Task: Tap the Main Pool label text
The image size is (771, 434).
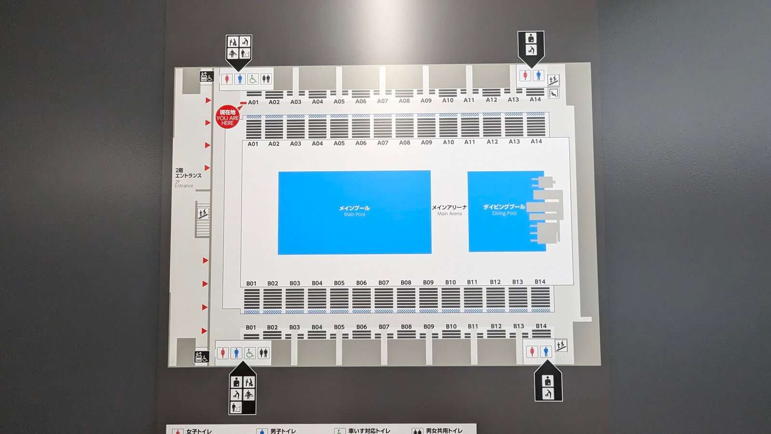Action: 354,211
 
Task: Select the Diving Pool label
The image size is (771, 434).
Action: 504,209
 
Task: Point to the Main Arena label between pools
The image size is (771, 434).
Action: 449,210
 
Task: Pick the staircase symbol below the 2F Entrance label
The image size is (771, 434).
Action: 203,214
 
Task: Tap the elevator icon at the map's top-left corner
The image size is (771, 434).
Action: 206,76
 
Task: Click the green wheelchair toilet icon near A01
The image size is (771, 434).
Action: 253,79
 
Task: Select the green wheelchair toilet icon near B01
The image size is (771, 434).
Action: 250,353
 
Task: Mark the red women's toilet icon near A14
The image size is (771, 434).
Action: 525,76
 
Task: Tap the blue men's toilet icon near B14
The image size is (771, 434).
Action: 545,352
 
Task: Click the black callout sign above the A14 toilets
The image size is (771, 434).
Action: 531,46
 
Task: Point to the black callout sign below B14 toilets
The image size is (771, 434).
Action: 548,384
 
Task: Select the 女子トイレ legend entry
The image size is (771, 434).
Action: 193,431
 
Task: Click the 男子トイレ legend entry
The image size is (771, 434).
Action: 277,431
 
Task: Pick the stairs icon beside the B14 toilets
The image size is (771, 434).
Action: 560,345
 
